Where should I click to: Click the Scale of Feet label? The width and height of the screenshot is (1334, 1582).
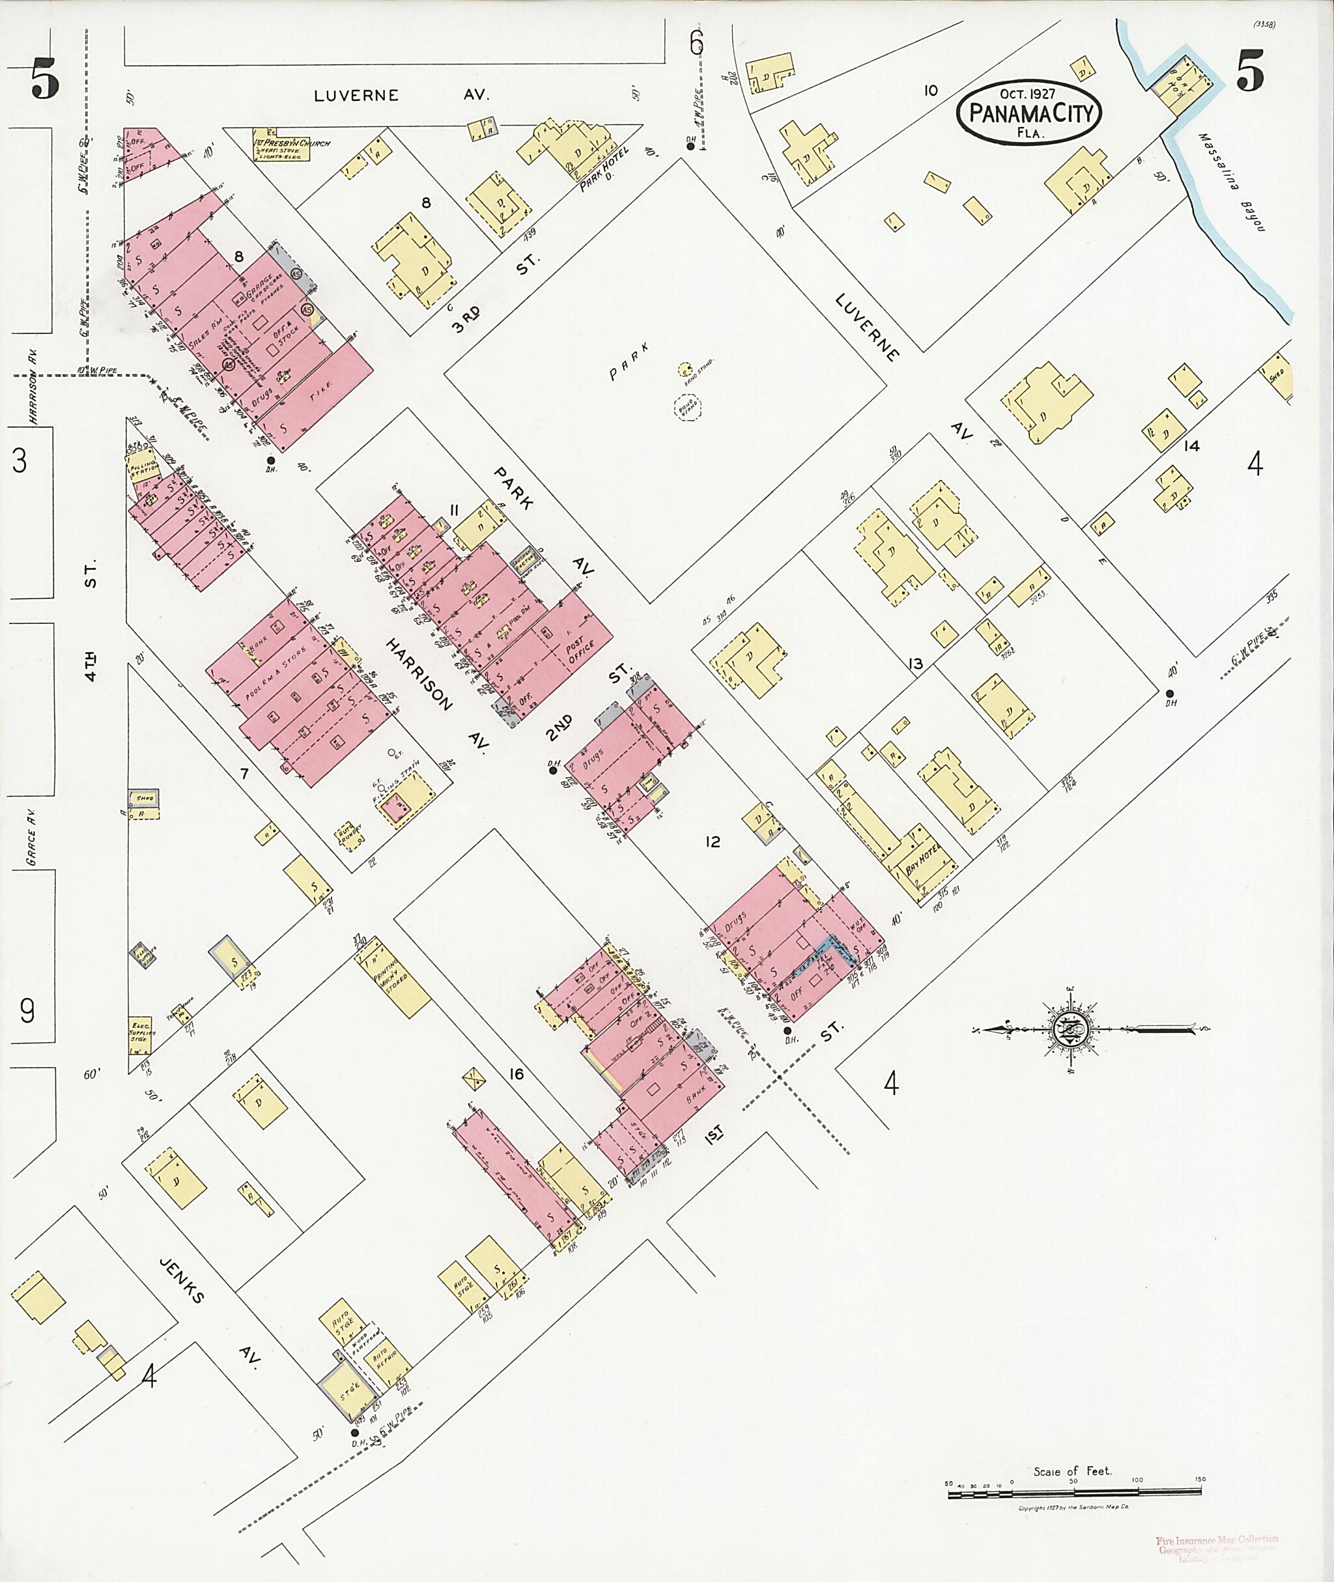coord(1072,1471)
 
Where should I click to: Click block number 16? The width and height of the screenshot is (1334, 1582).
coord(517,1074)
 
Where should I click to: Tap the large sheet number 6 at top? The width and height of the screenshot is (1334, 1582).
coord(695,44)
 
